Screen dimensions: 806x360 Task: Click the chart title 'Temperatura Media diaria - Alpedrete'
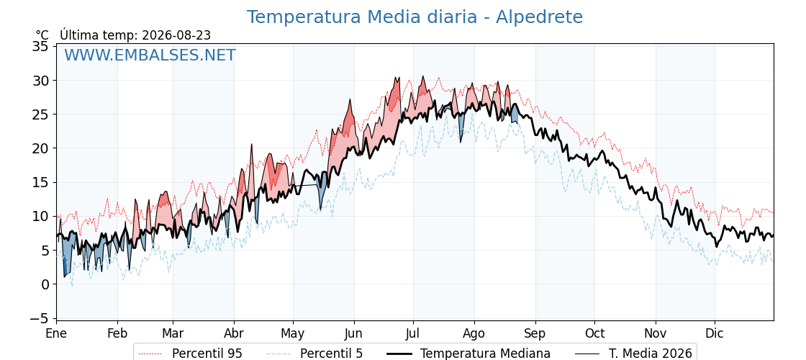click(415, 17)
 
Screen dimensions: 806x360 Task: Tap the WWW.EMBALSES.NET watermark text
click(150, 55)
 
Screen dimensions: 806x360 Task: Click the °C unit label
click(42, 35)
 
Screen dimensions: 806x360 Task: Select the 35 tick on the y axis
click(41, 46)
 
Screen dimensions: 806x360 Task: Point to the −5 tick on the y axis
click(39, 318)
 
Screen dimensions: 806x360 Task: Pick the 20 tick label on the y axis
click(41, 148)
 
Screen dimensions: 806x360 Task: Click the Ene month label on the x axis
click(57, 333)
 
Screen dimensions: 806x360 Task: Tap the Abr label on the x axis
click(234, 333)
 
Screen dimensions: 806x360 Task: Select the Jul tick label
click(413, 333)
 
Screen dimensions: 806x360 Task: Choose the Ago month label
click(474, 334)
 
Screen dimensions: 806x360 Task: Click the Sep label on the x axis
click(535, 334)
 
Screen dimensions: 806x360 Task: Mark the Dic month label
click(715, 333)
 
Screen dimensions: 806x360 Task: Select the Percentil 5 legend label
click(315, 354)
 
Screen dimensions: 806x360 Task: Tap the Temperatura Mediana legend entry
click(467, 354)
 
